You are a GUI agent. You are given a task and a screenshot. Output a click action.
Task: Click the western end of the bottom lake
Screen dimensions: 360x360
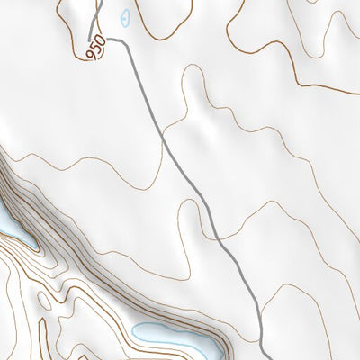click(135, 330)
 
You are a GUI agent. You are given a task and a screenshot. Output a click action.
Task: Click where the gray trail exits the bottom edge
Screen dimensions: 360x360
click(262, 357)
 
